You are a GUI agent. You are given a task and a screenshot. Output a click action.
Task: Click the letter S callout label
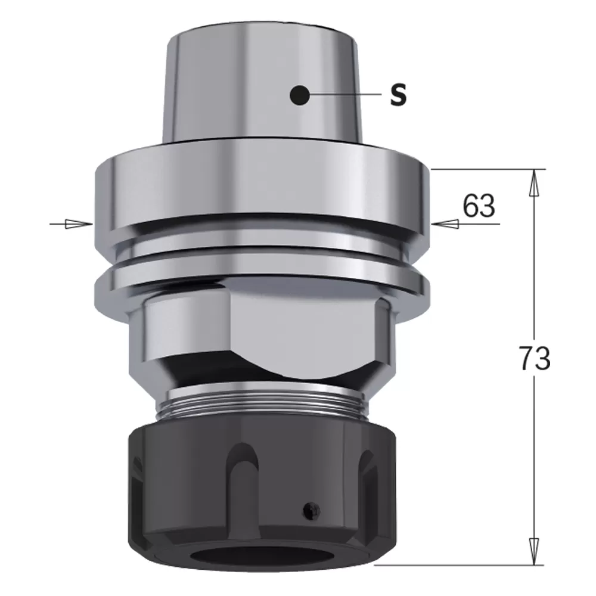(398, 95)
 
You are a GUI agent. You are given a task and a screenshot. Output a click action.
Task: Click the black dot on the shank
(299, 95)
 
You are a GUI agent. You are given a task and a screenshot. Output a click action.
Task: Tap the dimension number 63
(479, 206)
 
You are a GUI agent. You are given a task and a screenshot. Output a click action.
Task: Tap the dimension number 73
(533, 359)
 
